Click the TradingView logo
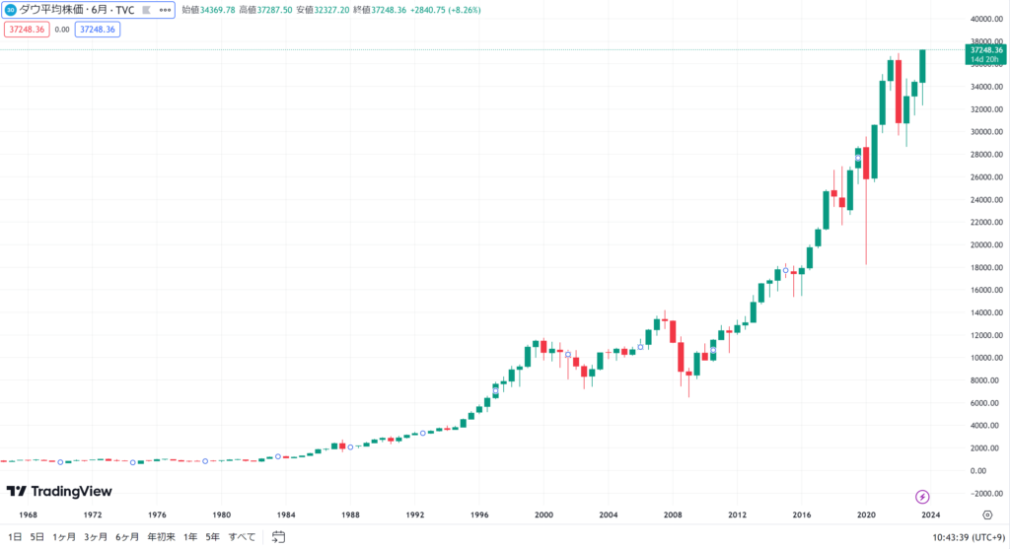coord(59,491)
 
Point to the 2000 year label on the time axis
coord(543,515)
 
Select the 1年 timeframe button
coord(190,537)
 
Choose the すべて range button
coord(242,537)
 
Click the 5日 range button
coord(37,537)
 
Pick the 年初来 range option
coord(161,537)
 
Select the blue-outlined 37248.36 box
coord(97,30)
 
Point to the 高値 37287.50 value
coord(272,11)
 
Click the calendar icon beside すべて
coord(278,537)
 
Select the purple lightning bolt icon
coord(923,497)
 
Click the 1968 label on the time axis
coord(29,515)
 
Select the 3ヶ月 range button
coord(96,537)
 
